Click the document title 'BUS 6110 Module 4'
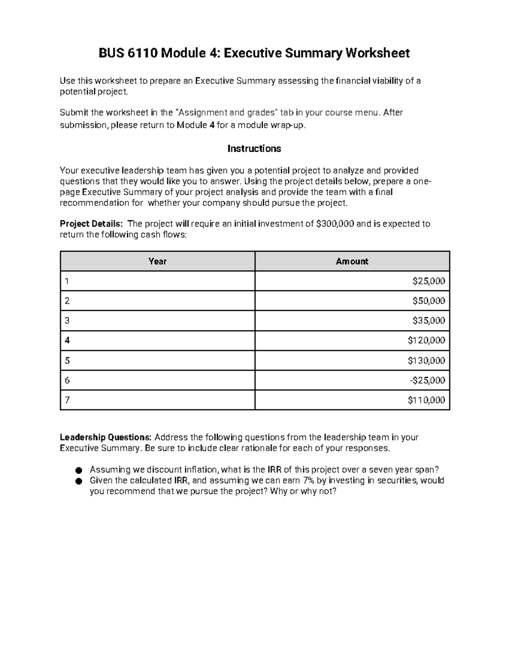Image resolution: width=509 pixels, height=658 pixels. point(254,53)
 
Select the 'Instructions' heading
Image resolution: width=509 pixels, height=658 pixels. point(254,149)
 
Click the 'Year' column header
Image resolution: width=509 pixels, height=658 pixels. point(157,261)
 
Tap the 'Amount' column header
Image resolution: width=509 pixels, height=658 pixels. point(352,261)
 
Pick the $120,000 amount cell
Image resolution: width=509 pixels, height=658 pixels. point(426,341)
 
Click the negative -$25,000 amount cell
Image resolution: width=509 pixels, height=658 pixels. point(427,380)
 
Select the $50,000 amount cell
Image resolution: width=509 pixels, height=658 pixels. point(428,301)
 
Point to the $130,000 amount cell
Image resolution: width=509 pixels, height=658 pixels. point(426,361)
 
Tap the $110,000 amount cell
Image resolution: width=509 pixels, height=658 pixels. point(426,400)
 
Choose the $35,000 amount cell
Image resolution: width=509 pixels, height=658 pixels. point(428,321)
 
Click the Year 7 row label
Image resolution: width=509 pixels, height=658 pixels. point(67,400)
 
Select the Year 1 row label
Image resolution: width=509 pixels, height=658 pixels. point(67,281)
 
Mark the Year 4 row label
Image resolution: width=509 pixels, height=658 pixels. point(67,341)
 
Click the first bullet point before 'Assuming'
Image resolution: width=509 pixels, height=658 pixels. point(78,470)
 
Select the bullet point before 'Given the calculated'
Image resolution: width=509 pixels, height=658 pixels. point(78,481)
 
